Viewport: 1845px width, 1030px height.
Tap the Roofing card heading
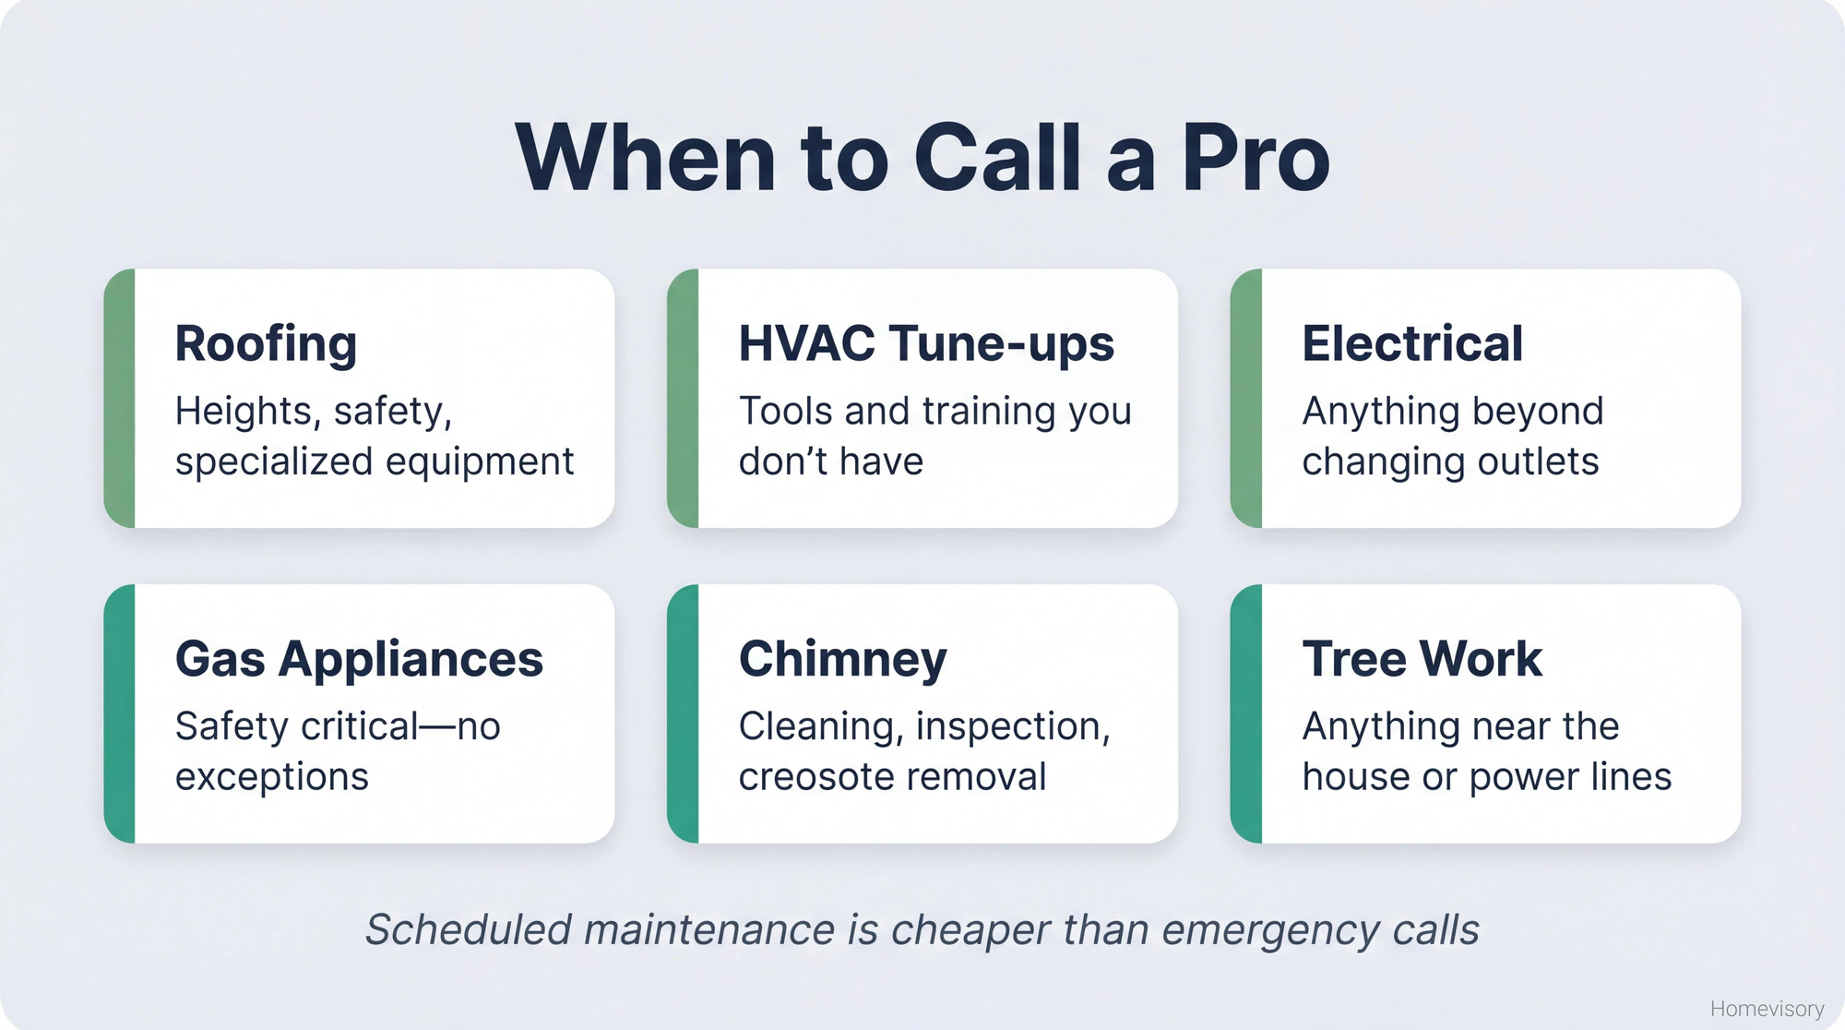pyautogui.click(x=266, y=344)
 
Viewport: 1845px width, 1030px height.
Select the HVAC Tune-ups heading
pyautogui.click(x=926, y=343)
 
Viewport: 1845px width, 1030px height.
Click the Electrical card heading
pyautogui.click(x=1411, y=343)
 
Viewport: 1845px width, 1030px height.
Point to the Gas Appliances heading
pyautogui.click(x=359, y=659)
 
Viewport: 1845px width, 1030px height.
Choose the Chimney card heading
pyautogui.click(x=842, y=659)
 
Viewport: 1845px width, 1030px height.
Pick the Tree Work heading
pyautogui.click(x=1422, y=659)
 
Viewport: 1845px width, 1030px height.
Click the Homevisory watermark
pyautogui.click(x=1767, y=1009)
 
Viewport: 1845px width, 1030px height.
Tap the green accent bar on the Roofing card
pyautogui.click(x=120, y=399)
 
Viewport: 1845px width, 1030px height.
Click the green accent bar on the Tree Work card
pyautogui.click(x=1246, y=713)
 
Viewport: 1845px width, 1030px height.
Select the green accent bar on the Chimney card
pyautogui.click(x=683, y=713)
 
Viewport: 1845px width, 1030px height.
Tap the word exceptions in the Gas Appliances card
pyautogui.click(x=271, y=777)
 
